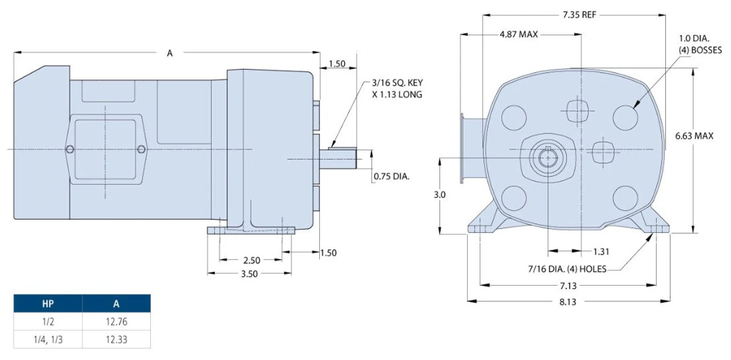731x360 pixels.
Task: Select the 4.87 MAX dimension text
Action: (x=519, y=34)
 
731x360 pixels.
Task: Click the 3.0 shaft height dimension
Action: (x=440, y=194)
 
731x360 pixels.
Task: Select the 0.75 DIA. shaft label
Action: (x=391, y=177)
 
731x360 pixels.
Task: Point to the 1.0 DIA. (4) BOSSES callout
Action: (x=700, y=45)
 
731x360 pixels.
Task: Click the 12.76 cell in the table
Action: (x=116, y=322)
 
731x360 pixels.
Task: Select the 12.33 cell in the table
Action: (x=116, y=339)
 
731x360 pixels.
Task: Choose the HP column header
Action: (x=47, y=303)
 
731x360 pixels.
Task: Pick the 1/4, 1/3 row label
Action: (x=47, y=339)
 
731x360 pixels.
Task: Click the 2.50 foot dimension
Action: (x=251, y=260)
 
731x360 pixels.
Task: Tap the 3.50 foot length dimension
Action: (x=249, y=274)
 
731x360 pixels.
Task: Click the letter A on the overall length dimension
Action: (x=170, y=53)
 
